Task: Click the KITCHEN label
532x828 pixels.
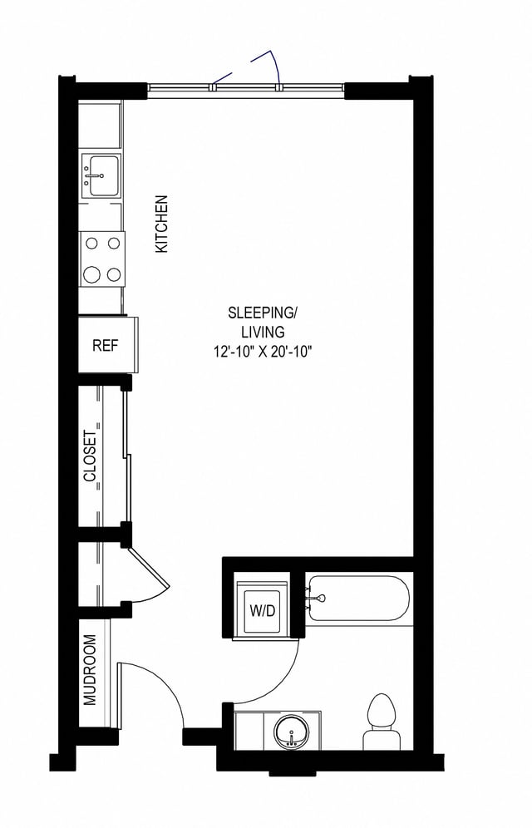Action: [x=161, y=224]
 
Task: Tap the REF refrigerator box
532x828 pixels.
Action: [x=104, y=346]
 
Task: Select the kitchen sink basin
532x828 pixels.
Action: [x=101, y=176]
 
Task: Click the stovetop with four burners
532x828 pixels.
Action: [x=101, y=259]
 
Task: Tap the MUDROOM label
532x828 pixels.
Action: [x=90, y=669]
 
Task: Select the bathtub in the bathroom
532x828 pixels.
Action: [x=358, y=599]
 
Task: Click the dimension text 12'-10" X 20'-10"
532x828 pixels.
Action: [x=263, y=352]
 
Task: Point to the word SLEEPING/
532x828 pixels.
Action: [x=263, y=313]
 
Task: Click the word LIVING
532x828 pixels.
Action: [x=263, y=333]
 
